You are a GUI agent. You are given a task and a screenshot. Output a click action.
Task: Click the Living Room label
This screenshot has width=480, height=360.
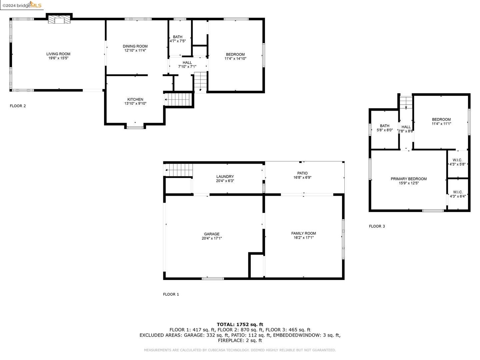click(x=58, y=54)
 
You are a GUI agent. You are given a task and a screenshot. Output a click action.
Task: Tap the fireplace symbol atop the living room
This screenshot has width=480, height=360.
click(x=60, y=19)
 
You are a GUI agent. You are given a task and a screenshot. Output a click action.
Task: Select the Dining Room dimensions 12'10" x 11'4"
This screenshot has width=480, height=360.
click(x=135, y=51)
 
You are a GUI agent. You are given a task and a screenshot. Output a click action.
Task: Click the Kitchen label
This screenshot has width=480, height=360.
click(x=135, y=99)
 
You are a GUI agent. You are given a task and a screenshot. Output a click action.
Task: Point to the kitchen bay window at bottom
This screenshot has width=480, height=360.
click(x=135, y=127)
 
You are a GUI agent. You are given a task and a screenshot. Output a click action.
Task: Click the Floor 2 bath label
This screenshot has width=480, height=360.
click(x=178, y=37)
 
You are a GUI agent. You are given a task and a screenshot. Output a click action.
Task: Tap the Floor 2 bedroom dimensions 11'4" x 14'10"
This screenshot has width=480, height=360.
click(x=235, y=59)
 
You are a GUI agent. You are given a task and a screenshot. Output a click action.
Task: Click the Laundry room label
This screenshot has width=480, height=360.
click(x=225, y=177)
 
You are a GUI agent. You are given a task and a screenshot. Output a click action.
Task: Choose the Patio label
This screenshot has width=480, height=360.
click(x=303, y=173)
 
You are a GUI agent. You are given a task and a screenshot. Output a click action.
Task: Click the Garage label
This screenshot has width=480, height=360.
click(x=212, y=234)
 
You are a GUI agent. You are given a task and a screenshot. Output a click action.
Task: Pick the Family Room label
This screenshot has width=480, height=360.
click(x=303, y=233)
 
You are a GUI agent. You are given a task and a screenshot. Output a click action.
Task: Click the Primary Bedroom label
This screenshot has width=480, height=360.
click(x=409, y=179)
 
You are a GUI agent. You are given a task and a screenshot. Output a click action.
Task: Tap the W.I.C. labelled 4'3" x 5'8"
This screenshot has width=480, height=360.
click(x=458, y=162)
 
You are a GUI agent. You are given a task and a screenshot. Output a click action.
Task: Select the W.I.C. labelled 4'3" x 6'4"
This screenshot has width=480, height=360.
click(x=458, y=194)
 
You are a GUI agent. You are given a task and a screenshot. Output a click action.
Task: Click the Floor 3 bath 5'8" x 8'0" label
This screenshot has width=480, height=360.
click(x=385, y=128)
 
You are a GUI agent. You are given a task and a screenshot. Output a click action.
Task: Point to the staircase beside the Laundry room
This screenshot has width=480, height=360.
click(x=179, y=170)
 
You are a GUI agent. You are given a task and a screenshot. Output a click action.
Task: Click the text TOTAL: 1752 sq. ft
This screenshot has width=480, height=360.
click(x=240, y=324)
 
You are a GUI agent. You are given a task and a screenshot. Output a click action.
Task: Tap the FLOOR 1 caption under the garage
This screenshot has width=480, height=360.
click(x=171, y=294)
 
